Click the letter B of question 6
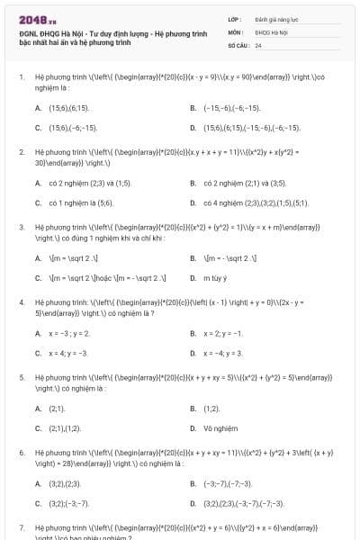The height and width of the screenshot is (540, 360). (x=193, y=483)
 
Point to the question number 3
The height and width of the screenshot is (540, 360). (x=22, y=228)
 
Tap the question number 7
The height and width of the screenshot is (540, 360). (x=22, y=526)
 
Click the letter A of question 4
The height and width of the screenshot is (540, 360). (x=38, y=333)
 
